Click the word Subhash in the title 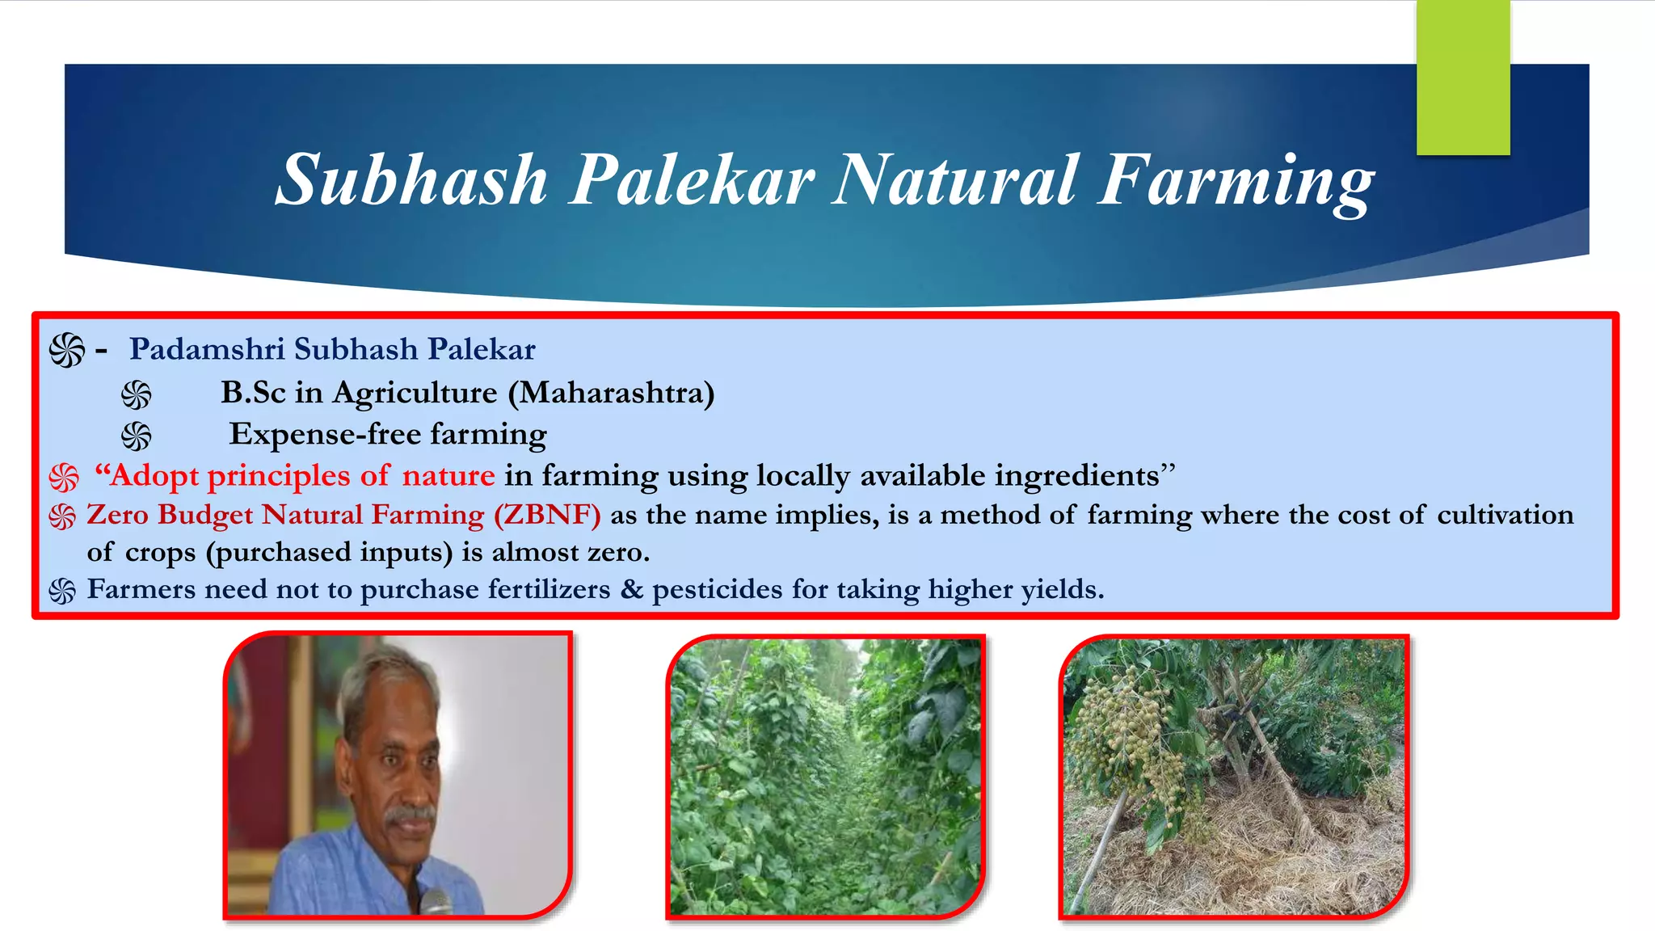[412, 180]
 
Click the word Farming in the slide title [1235, 180]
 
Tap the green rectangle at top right [1463, 77]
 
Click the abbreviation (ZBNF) [547, 515]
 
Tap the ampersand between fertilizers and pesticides [631, 589]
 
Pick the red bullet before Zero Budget [62, 516]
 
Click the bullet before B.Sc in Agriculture [136, 395]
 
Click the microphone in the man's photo [436, 901]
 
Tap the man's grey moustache [411, 814]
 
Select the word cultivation [1505, 515]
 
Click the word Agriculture [415, 393]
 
